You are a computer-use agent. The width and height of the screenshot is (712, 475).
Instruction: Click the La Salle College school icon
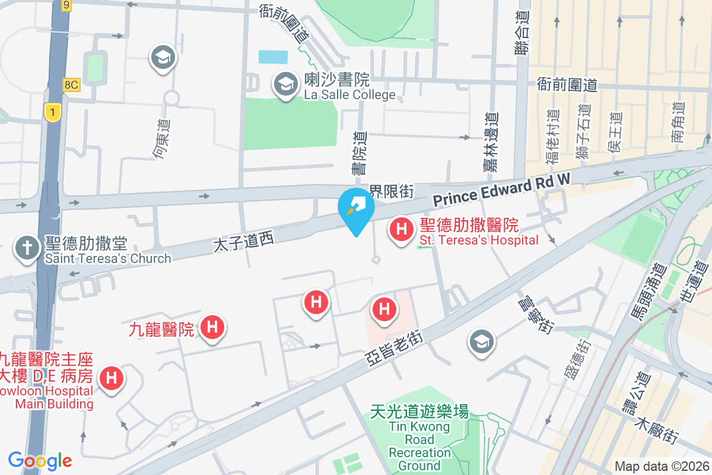(285, 84)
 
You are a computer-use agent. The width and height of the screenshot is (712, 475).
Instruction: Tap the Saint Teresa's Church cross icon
(27, 248)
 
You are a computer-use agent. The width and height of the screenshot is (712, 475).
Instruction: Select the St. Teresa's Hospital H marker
(401, 229)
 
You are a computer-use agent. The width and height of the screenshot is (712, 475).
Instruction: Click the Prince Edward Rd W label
(501, 191)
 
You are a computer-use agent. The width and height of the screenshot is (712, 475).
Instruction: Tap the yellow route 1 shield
(53, 111)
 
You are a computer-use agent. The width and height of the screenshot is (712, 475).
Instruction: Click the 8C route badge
(71, 85)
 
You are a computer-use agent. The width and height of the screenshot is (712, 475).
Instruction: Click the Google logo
(40, 461)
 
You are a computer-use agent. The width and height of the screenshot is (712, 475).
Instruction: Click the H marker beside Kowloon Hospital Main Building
(111, 378)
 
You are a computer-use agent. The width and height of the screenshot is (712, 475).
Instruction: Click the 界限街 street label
(391, 191)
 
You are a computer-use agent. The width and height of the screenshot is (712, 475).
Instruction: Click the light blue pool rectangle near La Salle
(273, 57)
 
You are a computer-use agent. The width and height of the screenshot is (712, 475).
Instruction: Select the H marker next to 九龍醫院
(212, 327)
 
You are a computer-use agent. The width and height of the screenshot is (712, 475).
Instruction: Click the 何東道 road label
(161, 139)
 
